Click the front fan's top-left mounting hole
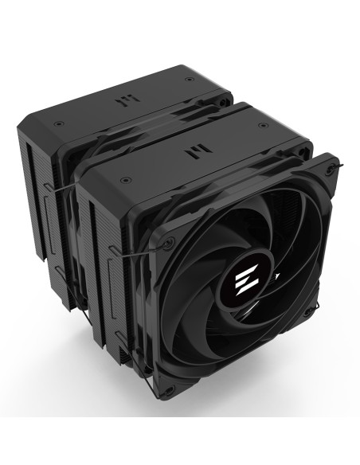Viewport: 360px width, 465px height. [x=166, y=239]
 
